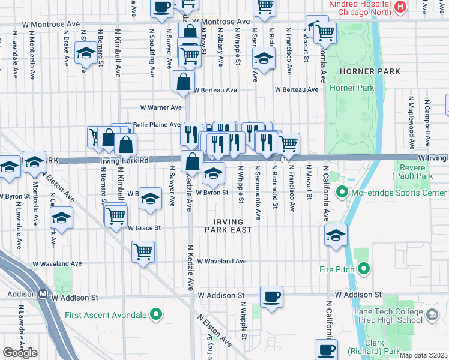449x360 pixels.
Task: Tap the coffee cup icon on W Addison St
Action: pos(271,296)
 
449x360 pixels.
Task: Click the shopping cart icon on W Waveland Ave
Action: pos(143,252)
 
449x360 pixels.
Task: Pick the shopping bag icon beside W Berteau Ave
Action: pos(183,82)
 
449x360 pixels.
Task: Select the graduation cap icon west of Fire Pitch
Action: pos(336,235)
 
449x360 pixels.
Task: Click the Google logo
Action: pos(20,353)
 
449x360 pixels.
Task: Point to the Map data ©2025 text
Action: pos(423,355)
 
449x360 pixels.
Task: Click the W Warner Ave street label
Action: pos(160,108)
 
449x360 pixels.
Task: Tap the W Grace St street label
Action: pos(144,228)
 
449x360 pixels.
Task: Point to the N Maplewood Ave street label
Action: pos(411,122)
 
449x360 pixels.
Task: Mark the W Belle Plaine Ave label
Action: pos(155,125)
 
